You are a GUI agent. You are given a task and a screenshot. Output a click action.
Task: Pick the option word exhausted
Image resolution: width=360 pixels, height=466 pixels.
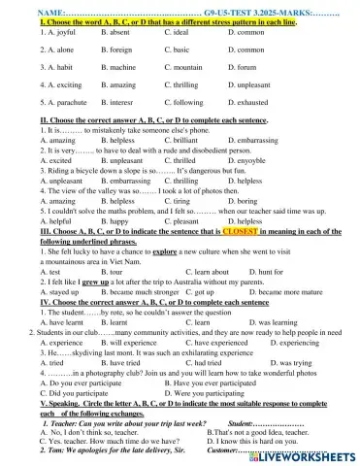[250, 102]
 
